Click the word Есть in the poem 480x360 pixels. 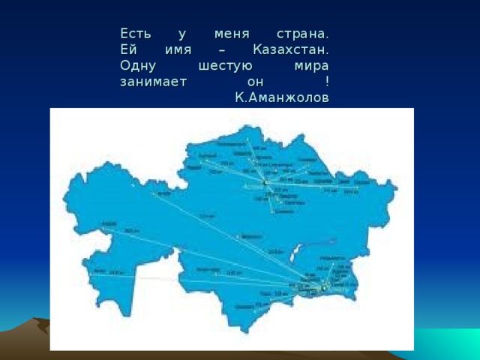(x=134, y=35)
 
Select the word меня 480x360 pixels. (x=231, y=35)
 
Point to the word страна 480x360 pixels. (x=301, y=35)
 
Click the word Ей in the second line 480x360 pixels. (x=126, y=50)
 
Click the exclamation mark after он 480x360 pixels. (x=327, y=82)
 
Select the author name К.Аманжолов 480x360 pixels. (x=281, y=97)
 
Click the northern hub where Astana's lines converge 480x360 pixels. (x=265, y=182)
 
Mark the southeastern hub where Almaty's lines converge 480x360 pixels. (x=323, y=287)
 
